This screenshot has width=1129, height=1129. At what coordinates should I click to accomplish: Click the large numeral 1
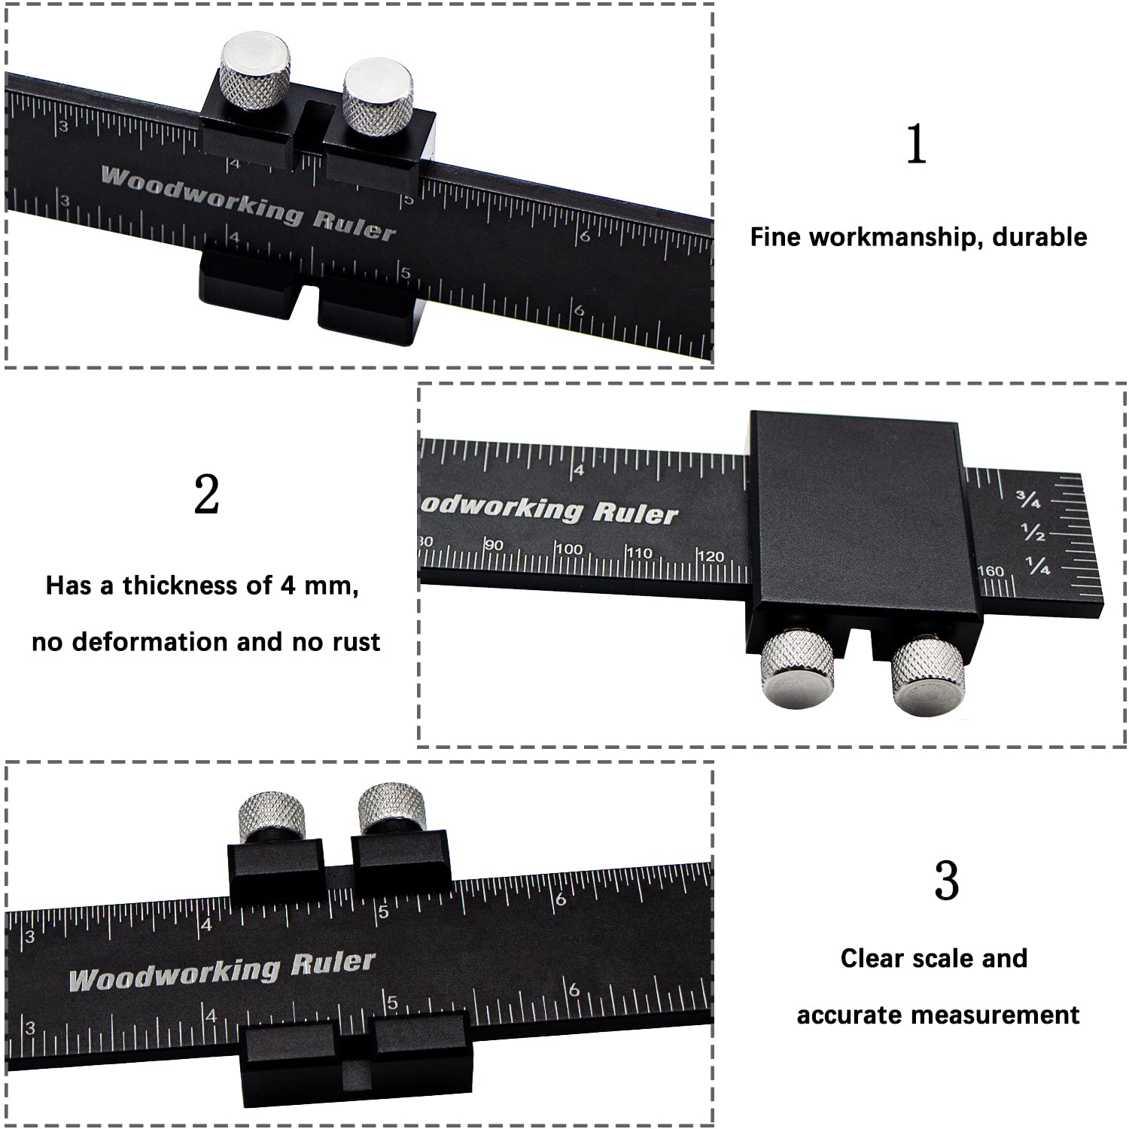tap(916, 144)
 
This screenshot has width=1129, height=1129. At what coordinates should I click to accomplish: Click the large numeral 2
tap(207, 495)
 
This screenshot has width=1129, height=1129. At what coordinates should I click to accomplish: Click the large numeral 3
tap(946, 881)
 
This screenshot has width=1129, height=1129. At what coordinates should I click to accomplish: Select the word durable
tap(1040, 237)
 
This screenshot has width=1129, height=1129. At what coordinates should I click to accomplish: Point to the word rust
tap(357, 643)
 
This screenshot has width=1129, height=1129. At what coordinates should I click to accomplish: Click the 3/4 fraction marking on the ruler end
tap(1028, 499)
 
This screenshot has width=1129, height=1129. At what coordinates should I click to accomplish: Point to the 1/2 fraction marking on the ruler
tap(1033, 532)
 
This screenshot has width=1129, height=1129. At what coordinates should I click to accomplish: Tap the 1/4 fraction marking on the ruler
tap(1038, 565)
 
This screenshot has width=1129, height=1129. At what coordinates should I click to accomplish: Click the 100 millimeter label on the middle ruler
tap(569, 549)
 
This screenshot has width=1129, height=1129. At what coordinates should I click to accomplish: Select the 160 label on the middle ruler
tap(991, 571)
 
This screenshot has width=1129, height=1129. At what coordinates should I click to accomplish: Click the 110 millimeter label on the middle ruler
tap(639, 552)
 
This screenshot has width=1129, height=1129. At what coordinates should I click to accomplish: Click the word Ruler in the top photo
tap(354, 224)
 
